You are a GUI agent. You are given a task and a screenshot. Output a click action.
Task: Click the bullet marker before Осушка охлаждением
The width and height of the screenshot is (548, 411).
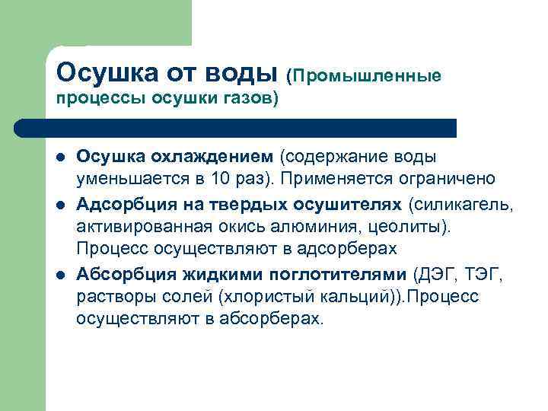tap(59, 158)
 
